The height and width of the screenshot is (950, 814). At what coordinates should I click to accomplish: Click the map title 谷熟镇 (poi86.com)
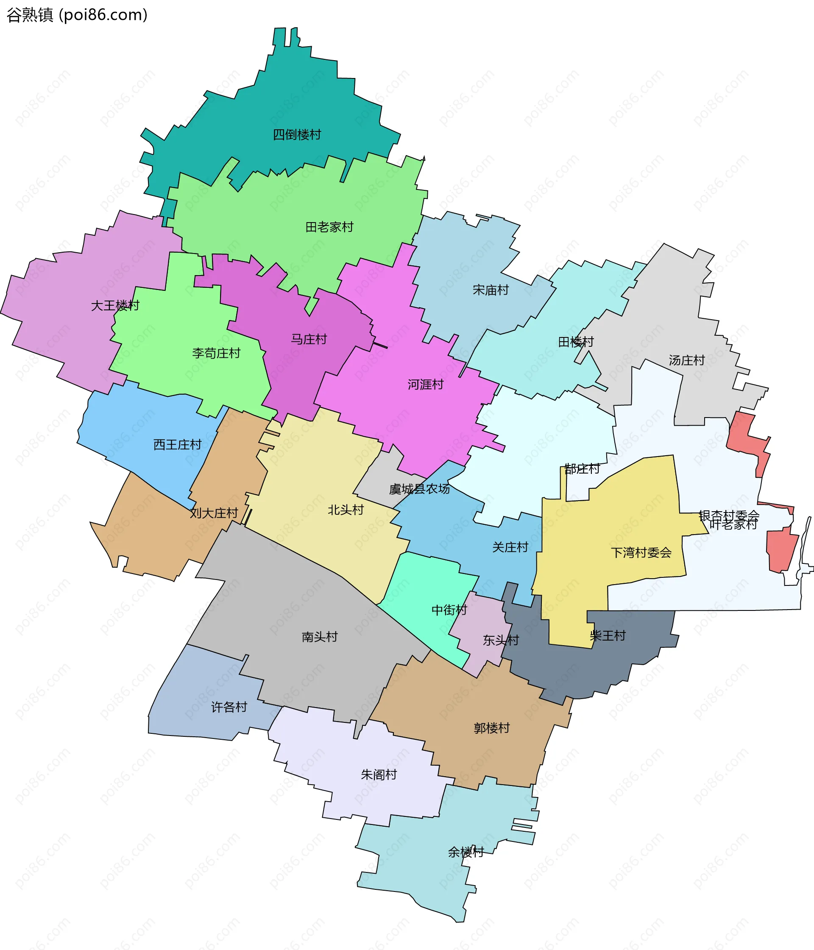point(77,15)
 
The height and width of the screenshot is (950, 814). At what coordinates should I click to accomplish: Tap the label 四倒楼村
point(297,135)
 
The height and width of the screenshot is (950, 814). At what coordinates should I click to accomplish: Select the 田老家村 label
point(329,227)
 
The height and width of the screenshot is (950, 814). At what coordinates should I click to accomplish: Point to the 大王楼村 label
point(115,305)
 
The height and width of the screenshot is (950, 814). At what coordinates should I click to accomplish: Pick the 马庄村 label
point(309,339)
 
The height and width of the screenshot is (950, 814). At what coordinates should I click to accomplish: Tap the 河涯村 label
point(426,384)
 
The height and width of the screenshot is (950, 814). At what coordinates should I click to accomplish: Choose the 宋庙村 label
point(490,290)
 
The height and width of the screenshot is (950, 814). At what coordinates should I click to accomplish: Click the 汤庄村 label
point(686,360)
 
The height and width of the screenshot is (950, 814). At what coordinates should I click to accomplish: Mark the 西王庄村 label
point(177,444)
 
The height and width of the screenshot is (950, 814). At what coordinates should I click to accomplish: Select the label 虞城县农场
point(419,489)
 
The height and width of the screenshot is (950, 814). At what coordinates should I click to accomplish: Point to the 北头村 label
point(346,510)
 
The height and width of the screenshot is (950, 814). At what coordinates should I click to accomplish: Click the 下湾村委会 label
point(641,552)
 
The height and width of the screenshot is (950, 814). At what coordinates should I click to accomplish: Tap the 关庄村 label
point(510,547)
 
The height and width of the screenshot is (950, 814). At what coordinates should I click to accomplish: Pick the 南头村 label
point(319,637)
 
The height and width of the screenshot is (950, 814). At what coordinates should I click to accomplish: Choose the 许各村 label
point(229,707)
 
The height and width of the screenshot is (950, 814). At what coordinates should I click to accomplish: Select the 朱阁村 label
point(378,775)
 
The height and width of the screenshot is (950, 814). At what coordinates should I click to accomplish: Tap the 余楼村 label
point(466,852)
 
